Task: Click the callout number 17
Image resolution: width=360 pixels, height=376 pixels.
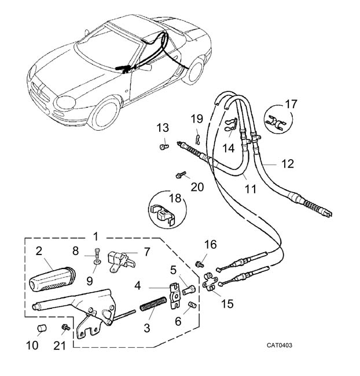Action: click(291, 104)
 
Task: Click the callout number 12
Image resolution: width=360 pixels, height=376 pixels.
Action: click(288, 164)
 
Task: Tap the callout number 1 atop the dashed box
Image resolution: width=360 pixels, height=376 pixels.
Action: click(95, 237)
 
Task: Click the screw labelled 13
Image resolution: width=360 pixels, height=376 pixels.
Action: click(163, 147)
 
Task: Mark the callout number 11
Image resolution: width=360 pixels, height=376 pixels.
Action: click(249, 189)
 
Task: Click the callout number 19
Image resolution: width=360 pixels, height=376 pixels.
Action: click(197, 119)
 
